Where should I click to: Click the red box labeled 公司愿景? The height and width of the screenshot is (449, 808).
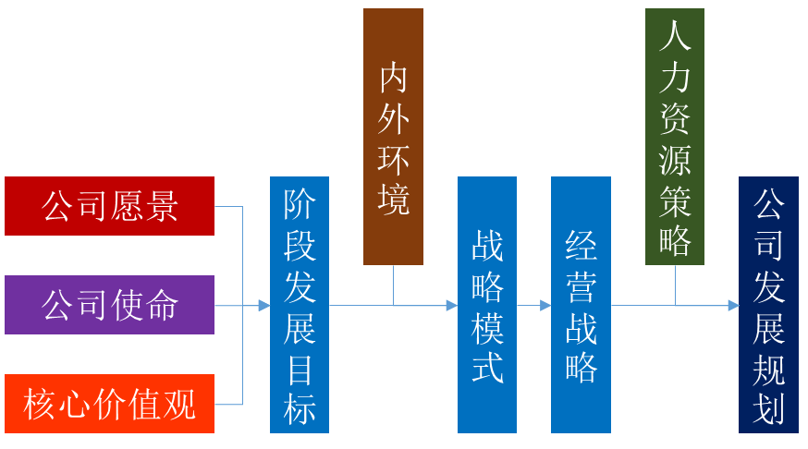point(109,206)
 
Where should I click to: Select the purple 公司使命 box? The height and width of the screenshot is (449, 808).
point(109,305)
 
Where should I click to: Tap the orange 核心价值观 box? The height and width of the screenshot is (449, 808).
point(109,404)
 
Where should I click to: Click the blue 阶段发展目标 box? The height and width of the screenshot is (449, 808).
point(300,305)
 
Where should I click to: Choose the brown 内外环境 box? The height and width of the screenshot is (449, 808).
point(393,137)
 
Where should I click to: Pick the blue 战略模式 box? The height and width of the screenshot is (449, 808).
point(487,305)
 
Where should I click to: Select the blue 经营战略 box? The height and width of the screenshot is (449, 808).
point(581,305)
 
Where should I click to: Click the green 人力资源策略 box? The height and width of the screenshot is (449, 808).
point(675,137)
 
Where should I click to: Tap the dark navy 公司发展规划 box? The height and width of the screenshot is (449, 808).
point(768,305)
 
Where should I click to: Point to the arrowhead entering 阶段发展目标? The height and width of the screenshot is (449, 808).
point(264,305)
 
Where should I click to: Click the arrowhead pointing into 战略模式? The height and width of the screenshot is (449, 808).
point(452,305)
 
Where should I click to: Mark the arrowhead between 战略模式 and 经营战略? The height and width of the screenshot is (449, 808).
point(545,305)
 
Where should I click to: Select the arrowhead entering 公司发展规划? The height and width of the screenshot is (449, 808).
point(733,305)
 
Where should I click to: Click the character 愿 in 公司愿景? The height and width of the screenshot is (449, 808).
point(129,206)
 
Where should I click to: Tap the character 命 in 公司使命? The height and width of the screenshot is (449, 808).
point(163,305)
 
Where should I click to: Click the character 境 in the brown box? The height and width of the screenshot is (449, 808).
point(394,200)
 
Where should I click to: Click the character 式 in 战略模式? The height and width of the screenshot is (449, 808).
point(487,367)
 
